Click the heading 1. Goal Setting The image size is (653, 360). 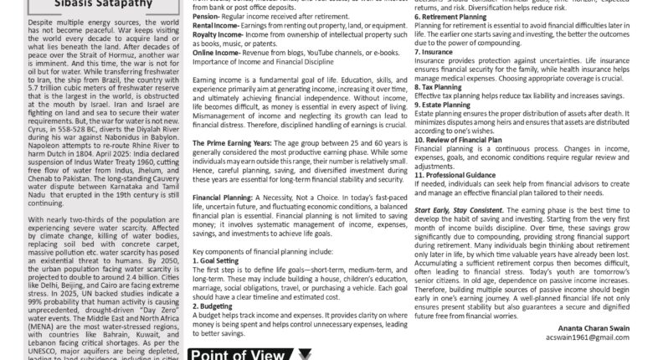[217, 260]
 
